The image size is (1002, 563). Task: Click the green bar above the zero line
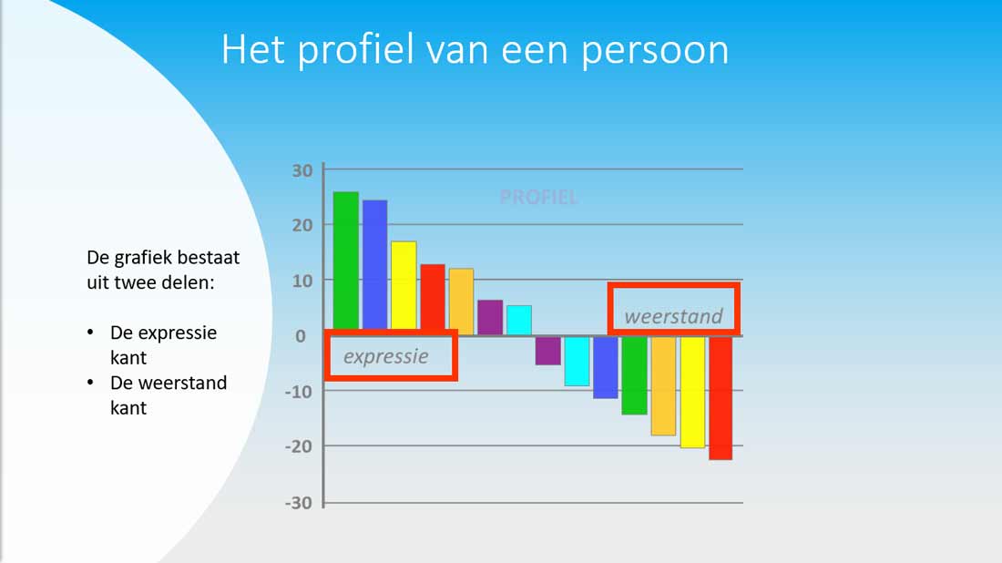346,261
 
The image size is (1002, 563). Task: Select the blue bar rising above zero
374,264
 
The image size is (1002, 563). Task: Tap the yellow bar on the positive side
404,285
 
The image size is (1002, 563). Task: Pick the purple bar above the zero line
490,317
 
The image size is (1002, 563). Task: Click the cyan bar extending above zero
519,320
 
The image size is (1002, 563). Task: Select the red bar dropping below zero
721,398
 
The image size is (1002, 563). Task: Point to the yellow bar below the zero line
692,393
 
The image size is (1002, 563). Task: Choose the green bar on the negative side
635,375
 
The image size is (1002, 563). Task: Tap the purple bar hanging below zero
548,351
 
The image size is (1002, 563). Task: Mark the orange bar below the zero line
663,386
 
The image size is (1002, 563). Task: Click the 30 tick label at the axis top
302,170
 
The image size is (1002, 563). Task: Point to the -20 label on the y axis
299,446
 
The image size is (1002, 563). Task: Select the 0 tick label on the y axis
301,336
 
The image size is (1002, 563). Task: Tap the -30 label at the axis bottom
299,503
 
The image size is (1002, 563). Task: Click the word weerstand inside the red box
673,316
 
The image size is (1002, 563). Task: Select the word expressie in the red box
386,356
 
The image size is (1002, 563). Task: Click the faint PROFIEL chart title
538,197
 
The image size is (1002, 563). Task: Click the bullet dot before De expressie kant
90,333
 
